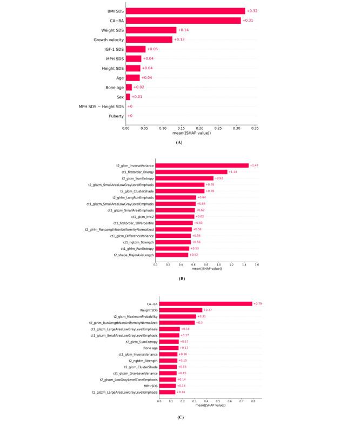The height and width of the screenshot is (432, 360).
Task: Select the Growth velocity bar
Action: (149, 39)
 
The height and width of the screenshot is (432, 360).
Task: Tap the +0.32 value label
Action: (252, 11)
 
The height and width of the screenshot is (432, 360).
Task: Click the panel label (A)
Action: (179, 142)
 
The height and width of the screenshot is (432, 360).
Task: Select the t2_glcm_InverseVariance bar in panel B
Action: (202, 165)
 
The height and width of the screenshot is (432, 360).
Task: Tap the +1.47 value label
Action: (254, 165)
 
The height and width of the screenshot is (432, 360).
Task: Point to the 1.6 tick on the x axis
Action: (256, 265)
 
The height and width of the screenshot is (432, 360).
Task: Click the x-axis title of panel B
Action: (205, 271)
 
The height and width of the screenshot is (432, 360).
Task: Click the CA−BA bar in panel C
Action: (205, 304)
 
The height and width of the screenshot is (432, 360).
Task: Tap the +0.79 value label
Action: (258, 304)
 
